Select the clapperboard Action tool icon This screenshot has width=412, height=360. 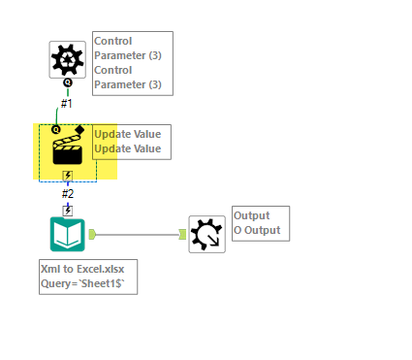pos(67,150)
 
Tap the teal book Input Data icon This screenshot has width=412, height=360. pos(68,234)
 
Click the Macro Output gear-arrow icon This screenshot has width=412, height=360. pos(206,234)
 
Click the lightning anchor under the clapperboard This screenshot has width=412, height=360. pos(68,176)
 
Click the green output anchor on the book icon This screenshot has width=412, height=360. pos(92,234)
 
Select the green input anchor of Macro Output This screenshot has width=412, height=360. pos(182,234)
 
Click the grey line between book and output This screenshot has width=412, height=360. pos(136,234)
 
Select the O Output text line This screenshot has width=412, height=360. pos(256,230)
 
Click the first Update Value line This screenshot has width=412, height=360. pos(128,134)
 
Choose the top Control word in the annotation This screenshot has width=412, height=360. pos(113,42)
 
